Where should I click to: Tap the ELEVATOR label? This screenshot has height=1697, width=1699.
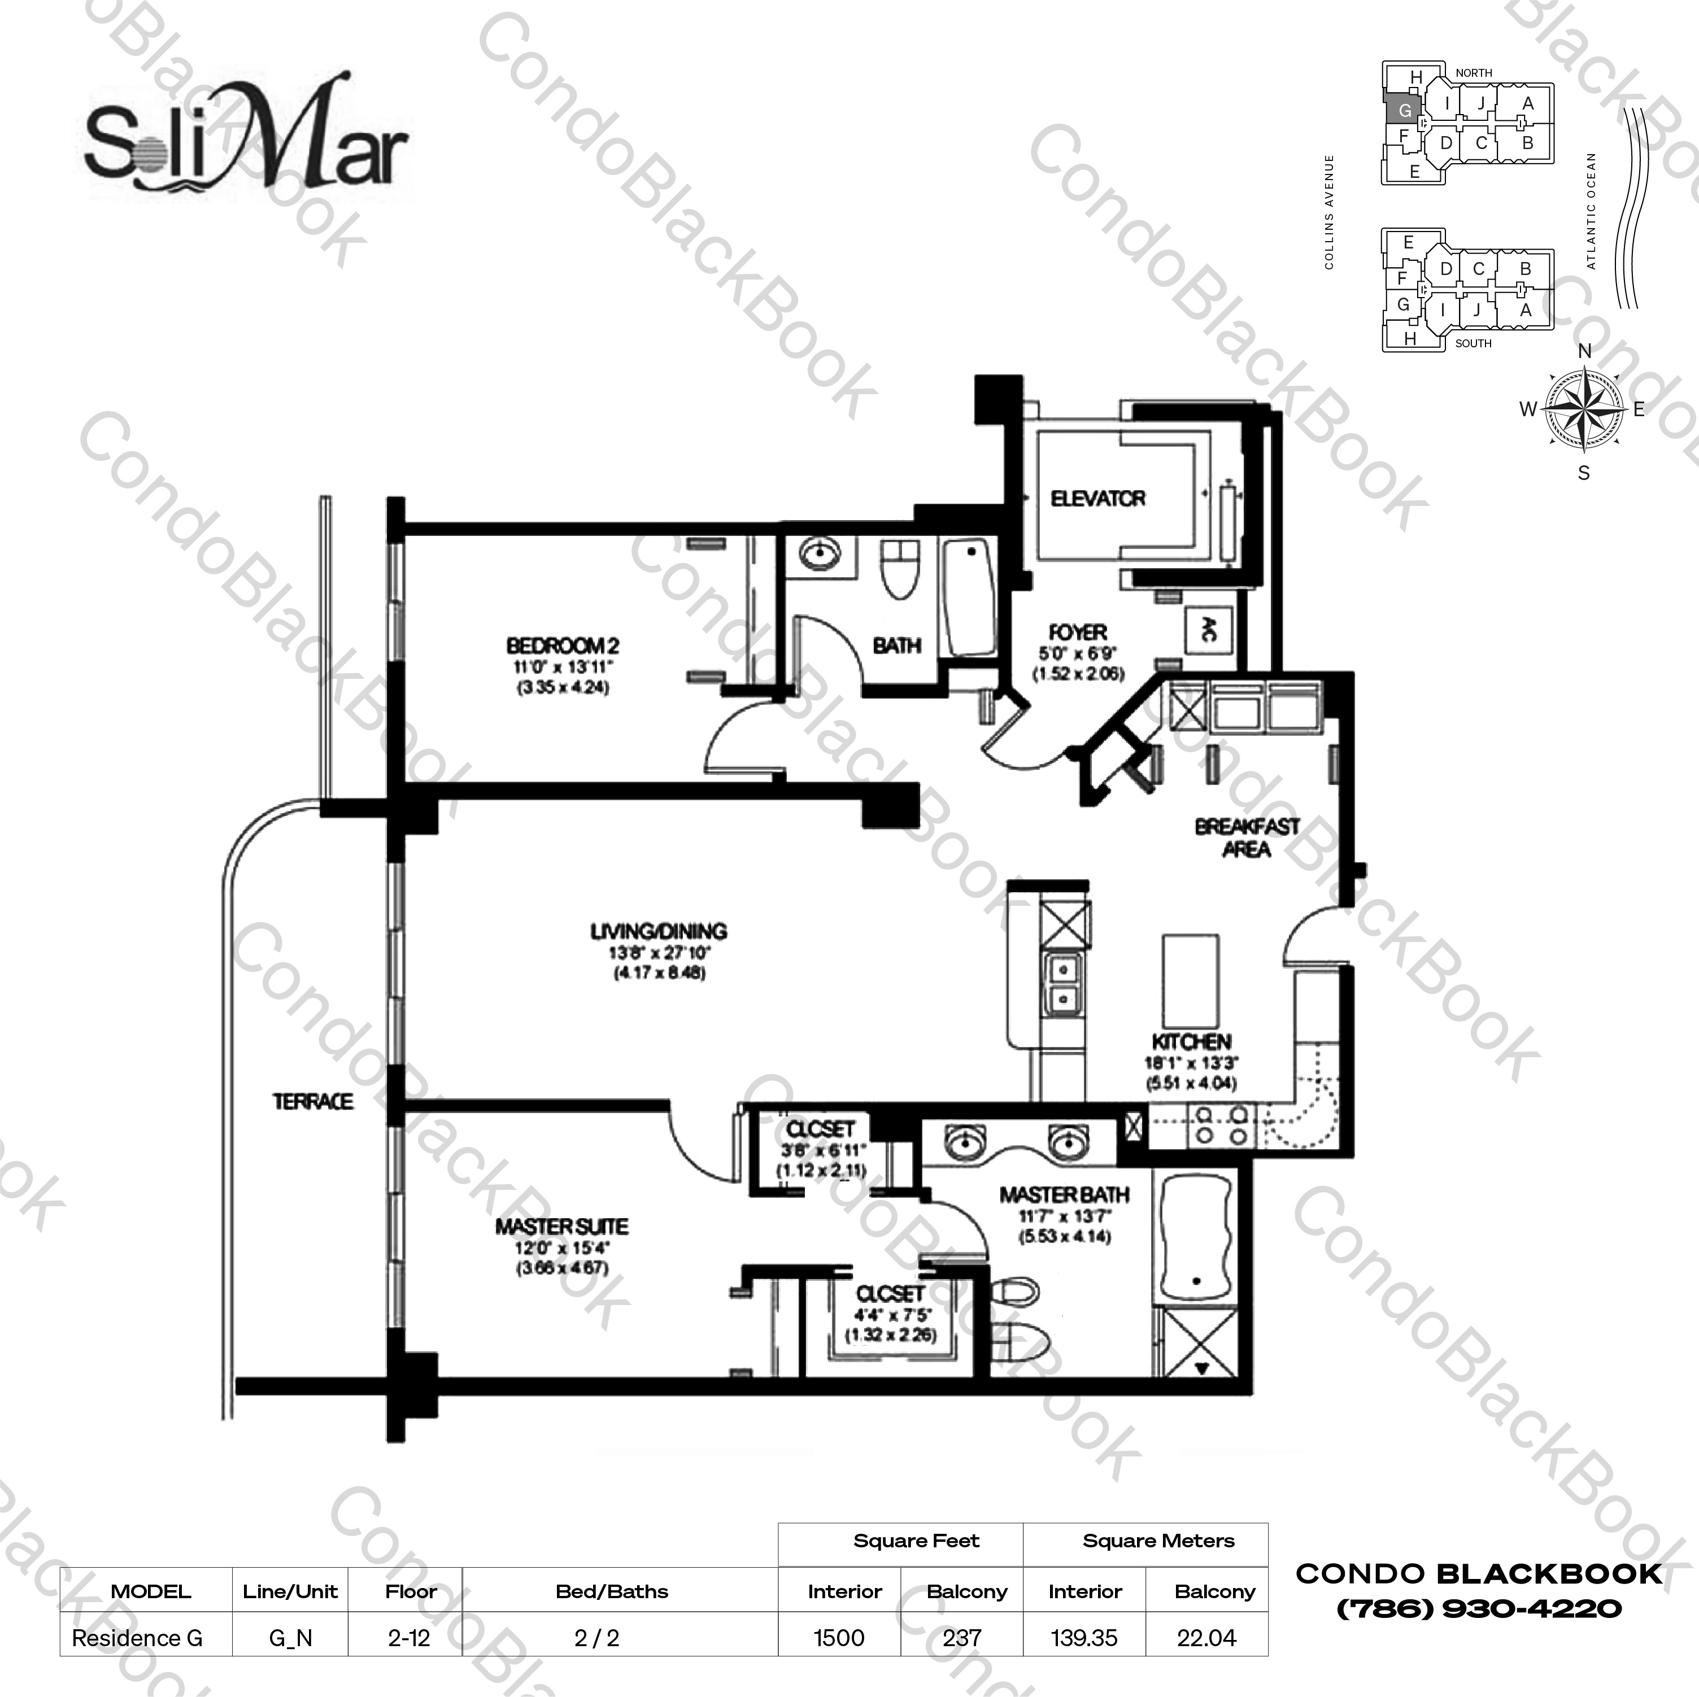(1097, 499)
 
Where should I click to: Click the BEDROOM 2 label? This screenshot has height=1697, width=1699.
(562, 645)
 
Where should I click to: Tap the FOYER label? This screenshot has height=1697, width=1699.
(1077, 632)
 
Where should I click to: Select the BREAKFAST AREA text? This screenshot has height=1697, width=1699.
(1246, 837)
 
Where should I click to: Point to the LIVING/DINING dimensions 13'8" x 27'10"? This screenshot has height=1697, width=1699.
(659, 952)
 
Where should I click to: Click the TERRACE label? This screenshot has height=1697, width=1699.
(312, 1101)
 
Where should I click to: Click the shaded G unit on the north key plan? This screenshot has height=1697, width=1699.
(1404, 111)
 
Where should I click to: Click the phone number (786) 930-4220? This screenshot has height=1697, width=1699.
(1479, 1609)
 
